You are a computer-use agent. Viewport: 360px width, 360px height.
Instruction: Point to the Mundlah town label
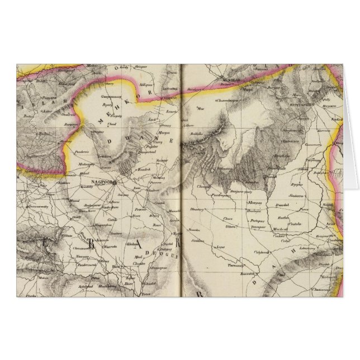(x=229, y=80)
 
